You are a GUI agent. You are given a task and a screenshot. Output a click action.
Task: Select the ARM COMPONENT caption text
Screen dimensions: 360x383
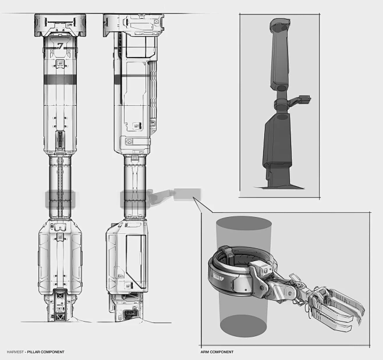pyautogui.click(x=217, y=352)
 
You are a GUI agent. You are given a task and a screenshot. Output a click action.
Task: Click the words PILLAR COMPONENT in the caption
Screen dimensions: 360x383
pyautogui.click(x=47, y=352)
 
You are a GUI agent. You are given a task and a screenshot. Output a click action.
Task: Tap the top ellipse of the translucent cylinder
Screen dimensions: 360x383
pyautogui.click(x=243, y=227)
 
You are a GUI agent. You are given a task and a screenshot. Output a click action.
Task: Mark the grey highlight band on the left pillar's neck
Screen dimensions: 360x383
pyautogui.click(x=59, y=199)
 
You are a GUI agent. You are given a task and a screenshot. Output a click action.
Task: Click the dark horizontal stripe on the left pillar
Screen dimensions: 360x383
pyautogui.click(x=59, y=77)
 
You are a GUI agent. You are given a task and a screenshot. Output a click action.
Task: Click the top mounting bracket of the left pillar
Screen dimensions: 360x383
pyautogui.click(x=59, y=23)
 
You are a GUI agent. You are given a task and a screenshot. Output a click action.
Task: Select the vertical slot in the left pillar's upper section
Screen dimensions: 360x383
pyautogui.click(x=59, y=140)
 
